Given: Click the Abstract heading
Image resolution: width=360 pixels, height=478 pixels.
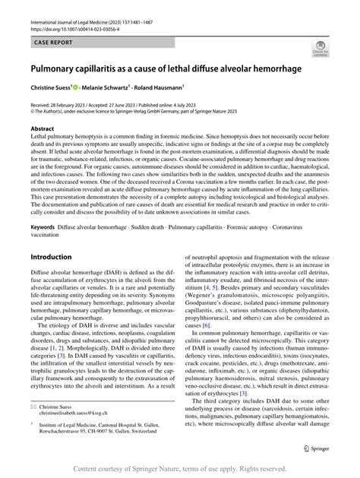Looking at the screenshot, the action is [42, 129].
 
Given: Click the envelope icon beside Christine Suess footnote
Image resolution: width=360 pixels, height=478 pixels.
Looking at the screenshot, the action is [33, 407].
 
